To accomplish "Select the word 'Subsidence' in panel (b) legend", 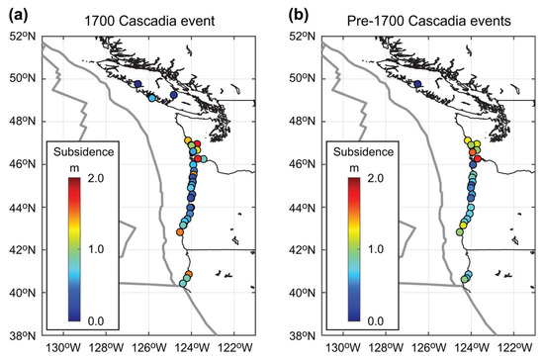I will [x=362, y=152].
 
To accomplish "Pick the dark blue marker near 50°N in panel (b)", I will [x=418, y=85].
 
